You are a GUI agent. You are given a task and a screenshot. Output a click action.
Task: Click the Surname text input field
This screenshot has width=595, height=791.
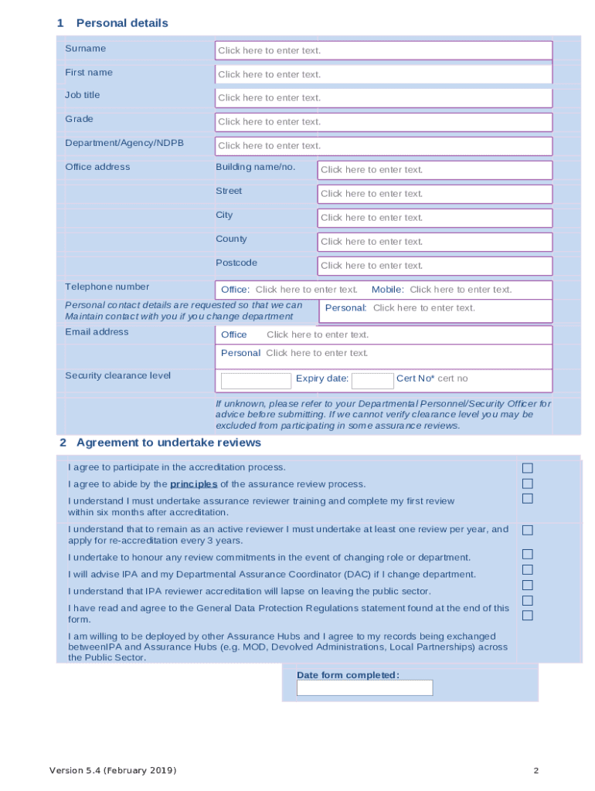tap(383, 50)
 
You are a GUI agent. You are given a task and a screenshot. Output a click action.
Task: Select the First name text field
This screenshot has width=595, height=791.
tap(383, 74)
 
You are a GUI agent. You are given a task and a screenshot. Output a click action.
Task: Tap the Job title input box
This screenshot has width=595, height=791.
tap(383, 98)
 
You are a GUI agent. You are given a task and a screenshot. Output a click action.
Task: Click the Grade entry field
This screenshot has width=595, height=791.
tap(383, 122)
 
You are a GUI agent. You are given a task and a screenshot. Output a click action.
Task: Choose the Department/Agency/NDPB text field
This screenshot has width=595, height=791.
tap(383, 146)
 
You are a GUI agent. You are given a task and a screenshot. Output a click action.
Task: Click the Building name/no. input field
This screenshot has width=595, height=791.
tap(434, 170)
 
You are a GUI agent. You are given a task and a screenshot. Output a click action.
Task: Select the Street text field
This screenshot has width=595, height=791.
tap(434, 194)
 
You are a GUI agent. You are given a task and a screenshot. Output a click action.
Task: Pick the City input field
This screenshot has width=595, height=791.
tap(434, 218)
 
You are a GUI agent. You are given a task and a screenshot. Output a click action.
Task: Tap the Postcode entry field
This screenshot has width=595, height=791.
tap(434, 266)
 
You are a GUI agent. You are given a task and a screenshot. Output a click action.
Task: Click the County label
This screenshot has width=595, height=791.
tap(231, 239)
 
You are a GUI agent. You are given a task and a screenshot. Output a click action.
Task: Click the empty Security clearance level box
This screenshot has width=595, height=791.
tap(256, 381)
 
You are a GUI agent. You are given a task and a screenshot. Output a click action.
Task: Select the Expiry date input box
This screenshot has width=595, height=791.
tap(372, 381)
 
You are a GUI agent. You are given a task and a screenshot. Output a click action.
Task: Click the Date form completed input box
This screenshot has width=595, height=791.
tap(365, 687)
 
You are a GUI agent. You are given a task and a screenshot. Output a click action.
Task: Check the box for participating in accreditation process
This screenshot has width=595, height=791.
tap(528, 468)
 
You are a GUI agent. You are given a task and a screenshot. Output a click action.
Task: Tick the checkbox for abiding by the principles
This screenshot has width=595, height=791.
tap(528, 484)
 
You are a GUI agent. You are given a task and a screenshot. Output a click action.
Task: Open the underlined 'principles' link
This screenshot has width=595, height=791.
tap(193, 484)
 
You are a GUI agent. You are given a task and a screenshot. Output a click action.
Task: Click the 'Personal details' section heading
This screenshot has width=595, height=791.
tap(121, 23)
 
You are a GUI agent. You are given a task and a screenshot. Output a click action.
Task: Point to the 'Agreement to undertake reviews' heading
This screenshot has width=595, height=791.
tap(168, 443)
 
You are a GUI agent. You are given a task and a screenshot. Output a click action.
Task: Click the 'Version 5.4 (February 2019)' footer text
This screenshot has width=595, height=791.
tap(113, 771)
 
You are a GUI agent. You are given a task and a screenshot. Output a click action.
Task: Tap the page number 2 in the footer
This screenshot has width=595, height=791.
tap(535, 771)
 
